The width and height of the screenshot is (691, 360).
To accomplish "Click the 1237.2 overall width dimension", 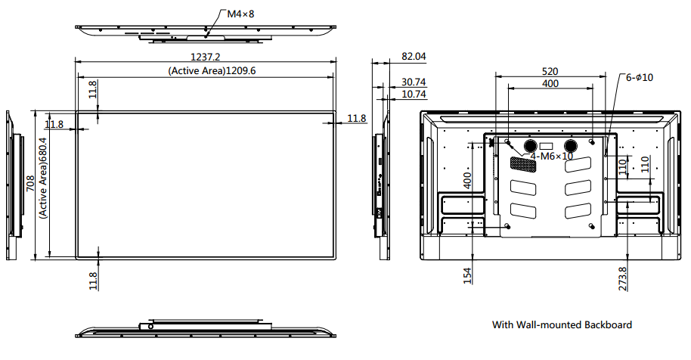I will click(205, 57).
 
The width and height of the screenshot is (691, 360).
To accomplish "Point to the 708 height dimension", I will click(29, 185).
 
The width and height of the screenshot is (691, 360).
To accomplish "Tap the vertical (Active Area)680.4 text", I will click(43, 178).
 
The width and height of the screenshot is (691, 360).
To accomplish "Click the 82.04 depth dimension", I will click(414, 57).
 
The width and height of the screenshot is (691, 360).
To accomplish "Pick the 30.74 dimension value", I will click(414, 82).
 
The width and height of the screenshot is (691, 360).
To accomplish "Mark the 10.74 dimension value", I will click(414, 95).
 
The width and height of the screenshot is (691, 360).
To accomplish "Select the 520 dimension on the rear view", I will click(550, 70).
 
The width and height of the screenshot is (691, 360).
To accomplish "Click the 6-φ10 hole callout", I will click(639, 77).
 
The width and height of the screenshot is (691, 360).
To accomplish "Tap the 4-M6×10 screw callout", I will click(551, 157).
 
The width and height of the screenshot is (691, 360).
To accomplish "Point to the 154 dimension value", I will click(467, 276).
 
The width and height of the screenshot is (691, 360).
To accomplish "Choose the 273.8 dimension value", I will click(622, 278).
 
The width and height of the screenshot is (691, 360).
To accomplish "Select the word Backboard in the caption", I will click(608, 325).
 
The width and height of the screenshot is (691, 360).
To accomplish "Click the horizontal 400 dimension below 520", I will click(550, 83).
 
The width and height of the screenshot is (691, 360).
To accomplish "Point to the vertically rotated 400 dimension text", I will click(467, 180).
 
